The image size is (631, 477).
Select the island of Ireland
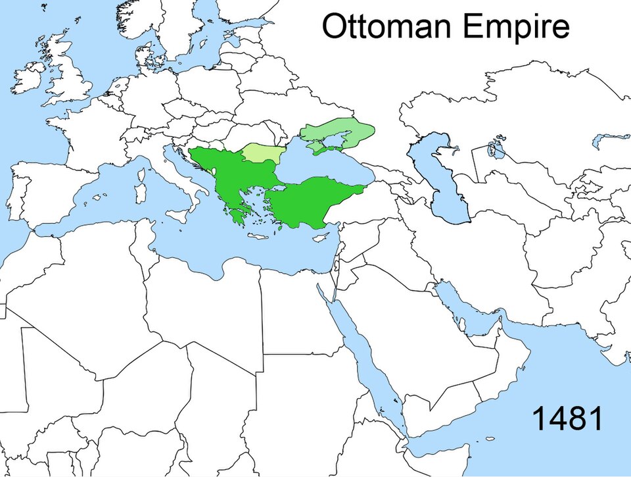click(28, 78)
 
